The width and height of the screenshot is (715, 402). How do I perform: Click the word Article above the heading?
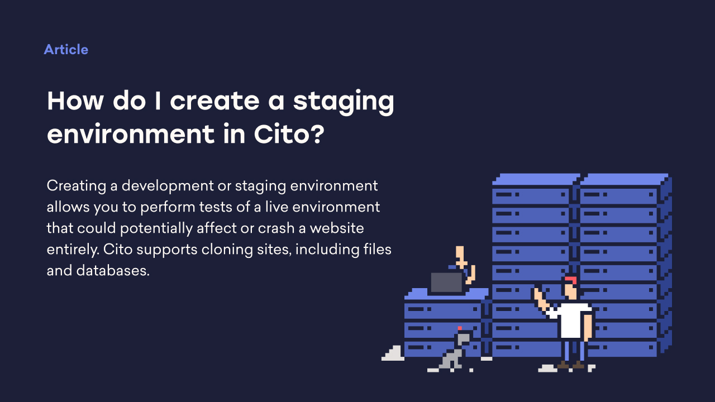66,50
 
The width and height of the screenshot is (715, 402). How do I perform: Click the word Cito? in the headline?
289,135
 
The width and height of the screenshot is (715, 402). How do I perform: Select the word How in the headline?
75,101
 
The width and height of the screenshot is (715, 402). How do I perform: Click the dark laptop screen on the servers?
446,283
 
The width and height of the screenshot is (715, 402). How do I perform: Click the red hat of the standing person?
570,279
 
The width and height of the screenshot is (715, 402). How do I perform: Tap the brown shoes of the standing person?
570,365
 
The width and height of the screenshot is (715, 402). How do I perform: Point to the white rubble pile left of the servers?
394,354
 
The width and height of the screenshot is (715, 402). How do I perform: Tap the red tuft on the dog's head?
460,328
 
